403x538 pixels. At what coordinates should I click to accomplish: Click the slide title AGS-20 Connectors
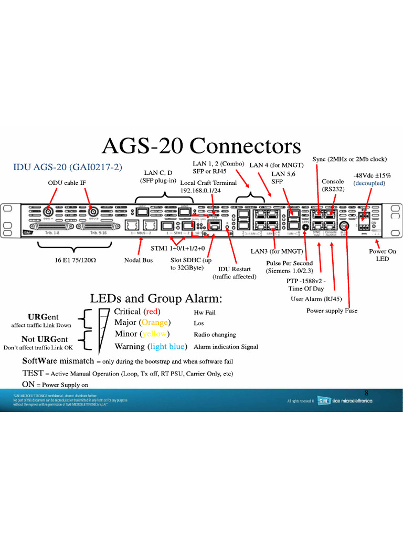coord(201,147)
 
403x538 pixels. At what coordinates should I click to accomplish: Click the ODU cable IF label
coord(67,183)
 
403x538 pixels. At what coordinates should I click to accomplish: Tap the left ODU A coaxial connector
coord(50,212)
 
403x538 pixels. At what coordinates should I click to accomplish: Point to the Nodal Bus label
coord(139,260)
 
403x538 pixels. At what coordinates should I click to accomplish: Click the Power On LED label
coord(382,255)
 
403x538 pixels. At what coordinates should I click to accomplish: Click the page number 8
coord(367,392)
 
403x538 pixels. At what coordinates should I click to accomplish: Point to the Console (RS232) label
coord(333,185)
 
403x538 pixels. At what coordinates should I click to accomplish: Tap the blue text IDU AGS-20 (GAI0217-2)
coord(67,167)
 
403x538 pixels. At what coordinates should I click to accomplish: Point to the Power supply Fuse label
coord(332,311)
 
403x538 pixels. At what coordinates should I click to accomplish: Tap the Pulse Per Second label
coord(289,263)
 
